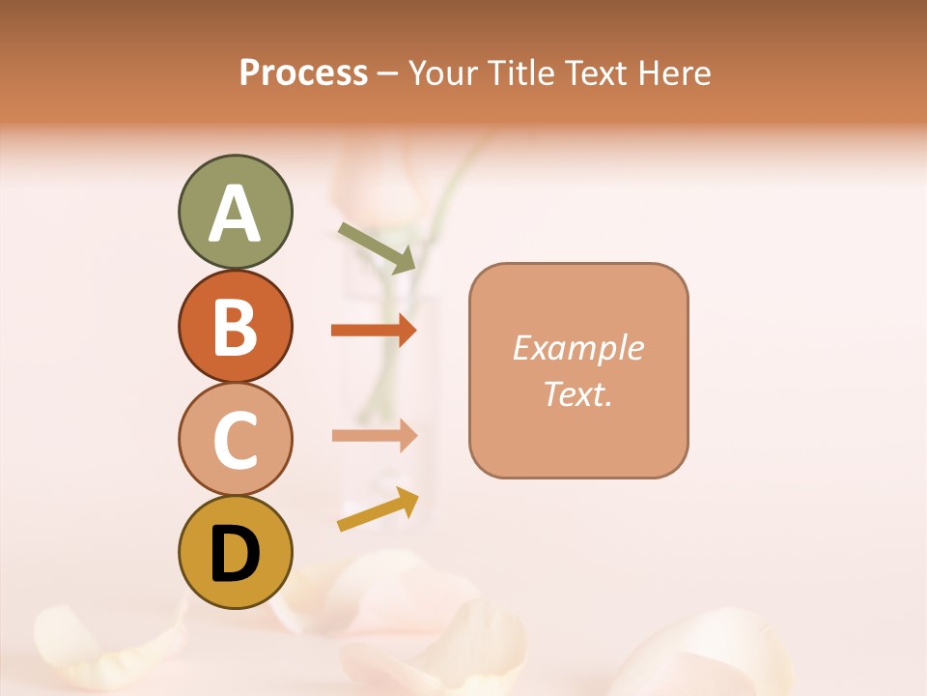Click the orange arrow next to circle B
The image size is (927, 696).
pos(373,331)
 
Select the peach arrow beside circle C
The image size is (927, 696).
pos(374,436)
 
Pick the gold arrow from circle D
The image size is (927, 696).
pos(378,510)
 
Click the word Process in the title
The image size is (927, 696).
pos(303,73)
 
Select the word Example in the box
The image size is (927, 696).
pos(577,348)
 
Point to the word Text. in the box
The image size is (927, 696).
pos(577,393)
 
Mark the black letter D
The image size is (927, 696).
pos(235,554)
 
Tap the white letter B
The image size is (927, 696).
pos(235,328)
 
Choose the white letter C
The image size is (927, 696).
pos(235,441)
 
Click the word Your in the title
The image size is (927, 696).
pos(443,73)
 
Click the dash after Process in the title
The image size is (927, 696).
pos(388,74)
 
